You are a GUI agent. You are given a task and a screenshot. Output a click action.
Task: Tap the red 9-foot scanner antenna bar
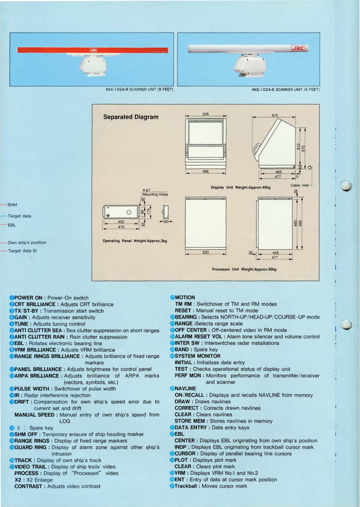coord(93,51)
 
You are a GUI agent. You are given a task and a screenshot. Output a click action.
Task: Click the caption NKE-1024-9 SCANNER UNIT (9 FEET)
coord(139,89)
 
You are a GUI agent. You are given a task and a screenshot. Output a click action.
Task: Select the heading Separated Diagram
coord(131,117)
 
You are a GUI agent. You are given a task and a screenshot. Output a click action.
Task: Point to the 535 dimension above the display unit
coord(206,114)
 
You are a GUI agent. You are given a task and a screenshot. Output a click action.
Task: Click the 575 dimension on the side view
coord(275,115)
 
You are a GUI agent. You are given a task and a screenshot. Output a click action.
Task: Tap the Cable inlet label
coord(299,185)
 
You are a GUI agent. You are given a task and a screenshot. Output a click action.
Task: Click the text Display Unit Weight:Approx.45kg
coord(241,187)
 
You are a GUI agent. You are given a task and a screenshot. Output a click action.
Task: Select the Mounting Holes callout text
coord(155,195)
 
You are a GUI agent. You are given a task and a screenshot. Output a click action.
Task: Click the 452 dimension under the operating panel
coord(120,222)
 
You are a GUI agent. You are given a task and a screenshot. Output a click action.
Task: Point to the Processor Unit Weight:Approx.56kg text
coord(244,269)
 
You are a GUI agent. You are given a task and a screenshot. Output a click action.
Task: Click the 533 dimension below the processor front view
coord(206,253)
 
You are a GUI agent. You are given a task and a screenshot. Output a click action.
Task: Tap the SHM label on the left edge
coord(12,205)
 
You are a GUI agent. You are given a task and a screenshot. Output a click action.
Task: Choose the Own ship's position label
coord(27,242)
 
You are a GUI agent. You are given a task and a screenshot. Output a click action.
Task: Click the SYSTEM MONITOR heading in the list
coord(197,356)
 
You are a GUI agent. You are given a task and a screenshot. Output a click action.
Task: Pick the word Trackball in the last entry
coord(186,486)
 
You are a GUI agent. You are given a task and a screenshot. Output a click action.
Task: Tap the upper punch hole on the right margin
coord(346,186)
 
